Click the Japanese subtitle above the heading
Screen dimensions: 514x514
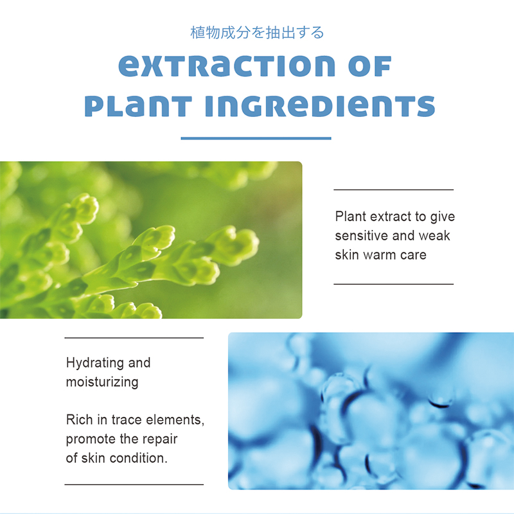pos(257,33)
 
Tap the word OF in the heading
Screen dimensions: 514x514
pos(370,66)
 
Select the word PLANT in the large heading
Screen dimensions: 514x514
pos(138,106)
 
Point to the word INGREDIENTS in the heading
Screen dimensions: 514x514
pos(320,106)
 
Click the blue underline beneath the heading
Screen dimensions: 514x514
pos(256,138)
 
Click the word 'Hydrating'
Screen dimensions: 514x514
pos(94,363)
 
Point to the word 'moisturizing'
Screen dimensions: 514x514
pos(102,382)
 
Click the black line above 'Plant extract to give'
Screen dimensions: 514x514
pos(393,190)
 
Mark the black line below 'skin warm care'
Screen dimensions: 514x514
pos(393,284)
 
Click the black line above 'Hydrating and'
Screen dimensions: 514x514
pos(134,338)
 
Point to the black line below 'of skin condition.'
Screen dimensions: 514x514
pos(134,484)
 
